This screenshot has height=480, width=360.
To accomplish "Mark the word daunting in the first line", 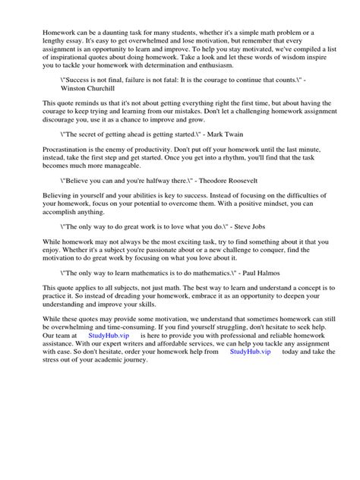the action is tap(123, 32).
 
